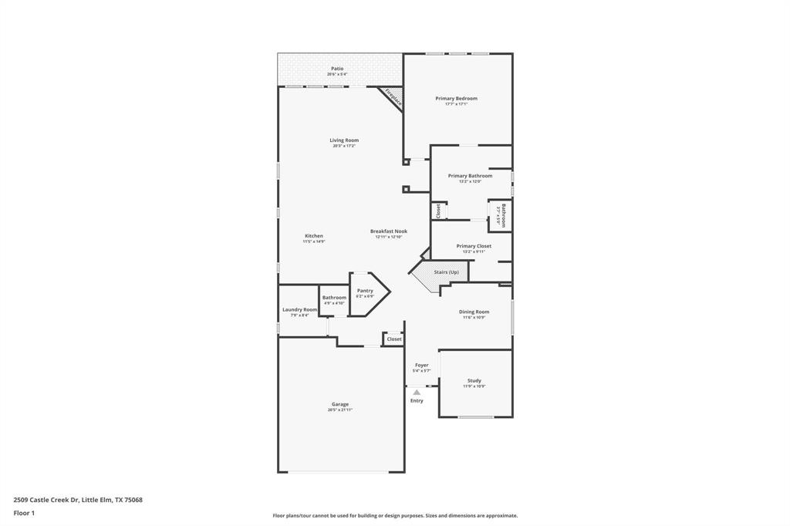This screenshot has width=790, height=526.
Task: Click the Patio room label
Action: [337, 69]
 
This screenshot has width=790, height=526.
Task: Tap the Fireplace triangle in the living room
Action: [392, 97]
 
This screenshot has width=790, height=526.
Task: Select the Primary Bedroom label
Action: [456, 99]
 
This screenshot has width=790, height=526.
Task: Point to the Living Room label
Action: [344, 140]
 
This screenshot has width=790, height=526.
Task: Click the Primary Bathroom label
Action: [470, 176]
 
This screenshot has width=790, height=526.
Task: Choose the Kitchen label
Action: [313, 236]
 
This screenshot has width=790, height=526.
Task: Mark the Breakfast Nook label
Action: [388, 231]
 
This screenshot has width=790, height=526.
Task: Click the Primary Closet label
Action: [473, 246]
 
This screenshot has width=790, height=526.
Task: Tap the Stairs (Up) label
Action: [446, 272]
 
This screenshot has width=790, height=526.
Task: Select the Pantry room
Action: [366, 293]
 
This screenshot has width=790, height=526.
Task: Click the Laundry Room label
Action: [299, 310]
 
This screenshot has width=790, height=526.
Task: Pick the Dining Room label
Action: [474, 312]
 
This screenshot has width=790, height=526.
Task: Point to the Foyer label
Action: [421, 366]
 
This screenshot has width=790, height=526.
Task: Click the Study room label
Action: [474, 381]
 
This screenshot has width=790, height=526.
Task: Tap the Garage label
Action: [340, 404]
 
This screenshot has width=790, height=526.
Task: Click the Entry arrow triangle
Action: [417, 393]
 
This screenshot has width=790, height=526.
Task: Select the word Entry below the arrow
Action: [417, 401]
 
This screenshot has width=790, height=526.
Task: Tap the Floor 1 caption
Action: [24, 513]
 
